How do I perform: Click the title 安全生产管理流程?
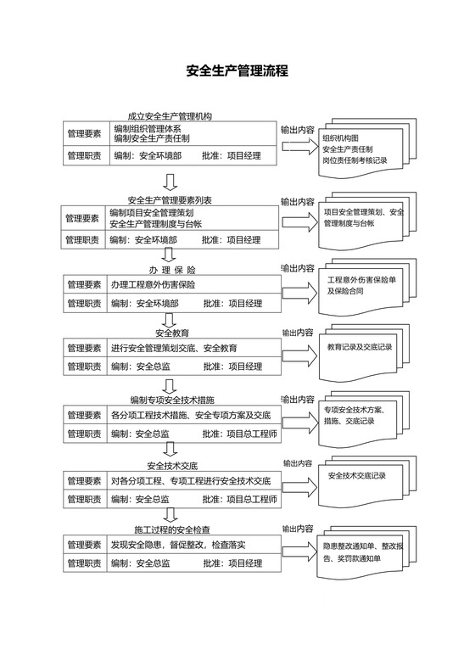click(237, 71)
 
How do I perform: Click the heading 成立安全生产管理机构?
click(170, 116)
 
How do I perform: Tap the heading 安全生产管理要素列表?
click(170, 200)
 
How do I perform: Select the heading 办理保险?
click(172, 269)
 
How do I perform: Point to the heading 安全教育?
click(172, 333)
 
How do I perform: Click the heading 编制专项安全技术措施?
click(172, 399)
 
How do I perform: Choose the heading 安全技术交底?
click(172, 466)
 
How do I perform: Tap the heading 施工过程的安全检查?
click(172, 530)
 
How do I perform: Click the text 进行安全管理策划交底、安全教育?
click(174, 348)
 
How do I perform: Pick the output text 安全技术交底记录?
click(356, 475)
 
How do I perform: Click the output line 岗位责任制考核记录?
click(355, 160)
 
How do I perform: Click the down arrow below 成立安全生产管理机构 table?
click(170, 181)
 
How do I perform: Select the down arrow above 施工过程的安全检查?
click(170, 514)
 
